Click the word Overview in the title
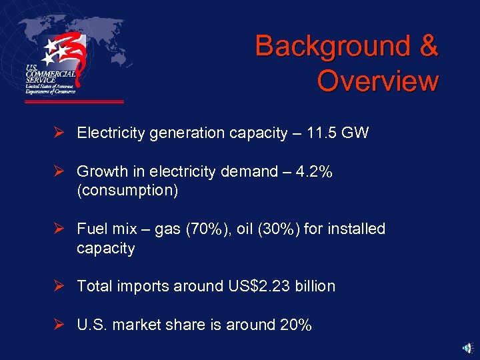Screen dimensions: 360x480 (377, 81)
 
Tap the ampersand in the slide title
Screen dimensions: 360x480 (427, 47)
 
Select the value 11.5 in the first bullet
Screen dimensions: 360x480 (322, 133)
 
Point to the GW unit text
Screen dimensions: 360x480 (355, 133)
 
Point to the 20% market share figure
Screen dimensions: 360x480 (295, 325)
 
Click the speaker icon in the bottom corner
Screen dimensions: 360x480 (468, 347)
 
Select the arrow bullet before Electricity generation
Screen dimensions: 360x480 (59, 133)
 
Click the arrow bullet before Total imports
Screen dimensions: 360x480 (59, 286)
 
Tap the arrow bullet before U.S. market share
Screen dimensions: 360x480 (59, 325)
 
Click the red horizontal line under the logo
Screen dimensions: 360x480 (74, 102)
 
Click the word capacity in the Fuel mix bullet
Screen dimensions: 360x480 (105, 249)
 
